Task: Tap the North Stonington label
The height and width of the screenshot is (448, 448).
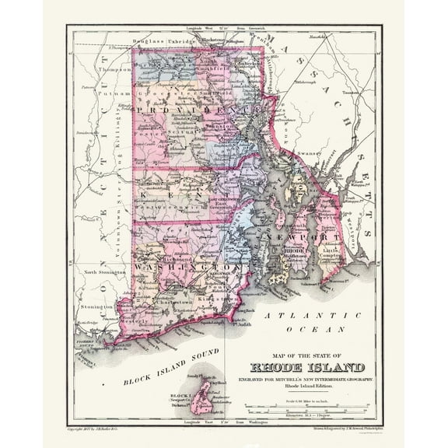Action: [109, 273]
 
